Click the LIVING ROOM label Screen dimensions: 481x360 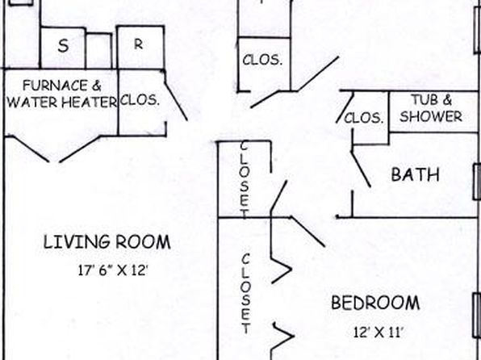tap(107, 242)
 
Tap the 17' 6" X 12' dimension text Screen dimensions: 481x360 tap(113, 270)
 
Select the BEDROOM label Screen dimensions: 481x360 tap(375, 303)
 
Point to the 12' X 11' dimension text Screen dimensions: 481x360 tap(378, 332)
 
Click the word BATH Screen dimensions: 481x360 tap(416, 174)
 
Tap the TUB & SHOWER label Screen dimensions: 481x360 tap(431, 108)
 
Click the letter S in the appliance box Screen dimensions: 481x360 tap(63, 46)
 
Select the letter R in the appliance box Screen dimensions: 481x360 tap(139, 44)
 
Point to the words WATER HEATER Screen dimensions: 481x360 tap(62, 102)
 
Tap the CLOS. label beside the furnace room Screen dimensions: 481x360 tap(140, 100)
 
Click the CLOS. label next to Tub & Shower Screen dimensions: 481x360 tap(364, 118)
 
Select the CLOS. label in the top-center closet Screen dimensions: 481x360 tap(262, 60)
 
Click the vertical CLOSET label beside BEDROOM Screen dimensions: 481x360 tap(245, 293)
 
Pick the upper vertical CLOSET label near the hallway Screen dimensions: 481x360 tap(244, 180)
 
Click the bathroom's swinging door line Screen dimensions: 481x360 tap(361, 169)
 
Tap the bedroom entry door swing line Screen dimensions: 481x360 tap(307, 231)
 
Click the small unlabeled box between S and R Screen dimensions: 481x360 tap(98, 51)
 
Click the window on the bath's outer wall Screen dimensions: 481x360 tap(477, 182)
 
